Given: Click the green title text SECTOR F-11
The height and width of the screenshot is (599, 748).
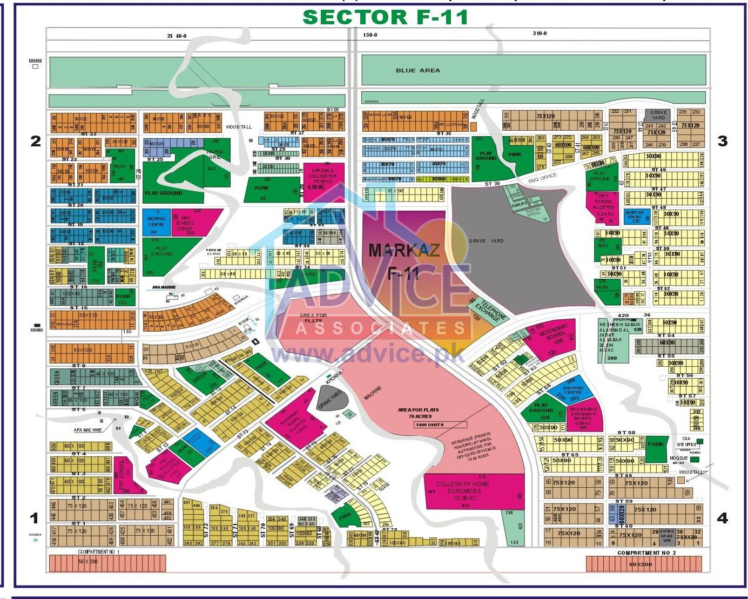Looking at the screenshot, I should tap(385, 17).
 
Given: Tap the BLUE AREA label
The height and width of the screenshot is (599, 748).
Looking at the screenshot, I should tap(417, 70).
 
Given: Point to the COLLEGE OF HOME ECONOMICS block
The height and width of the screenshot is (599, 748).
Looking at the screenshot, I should tap(463, 491).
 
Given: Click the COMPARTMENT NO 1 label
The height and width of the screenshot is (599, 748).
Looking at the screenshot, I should tap(99, 552).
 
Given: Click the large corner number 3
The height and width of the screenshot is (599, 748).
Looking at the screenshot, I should tap(722, 141).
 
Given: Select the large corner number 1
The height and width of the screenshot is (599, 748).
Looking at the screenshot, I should tap(35, 519).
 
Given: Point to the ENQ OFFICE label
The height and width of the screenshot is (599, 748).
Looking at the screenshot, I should tap(542, 178).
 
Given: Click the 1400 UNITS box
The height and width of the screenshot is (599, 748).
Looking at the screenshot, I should tap(429, 425).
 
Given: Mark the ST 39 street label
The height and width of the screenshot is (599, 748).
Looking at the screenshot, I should tap(492, 184).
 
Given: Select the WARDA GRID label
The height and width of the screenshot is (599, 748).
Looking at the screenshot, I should tap(215, 154).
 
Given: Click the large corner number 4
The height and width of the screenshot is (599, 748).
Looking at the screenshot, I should tap(722, 519).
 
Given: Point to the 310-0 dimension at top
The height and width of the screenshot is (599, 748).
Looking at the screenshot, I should tap(540, 33).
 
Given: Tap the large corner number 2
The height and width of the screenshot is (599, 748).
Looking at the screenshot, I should tap(36, 141).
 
